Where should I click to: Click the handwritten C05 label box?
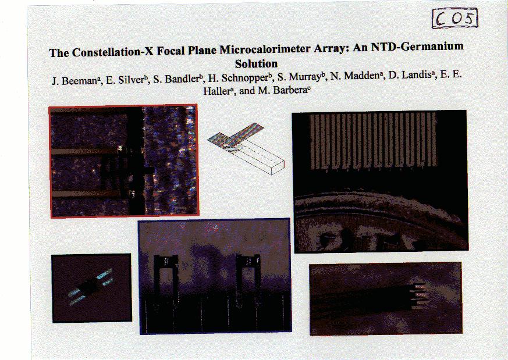pos(455,19)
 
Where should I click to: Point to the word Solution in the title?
pos(256,63)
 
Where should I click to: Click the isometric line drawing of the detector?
pos(246,149)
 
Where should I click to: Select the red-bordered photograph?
pos(124,161)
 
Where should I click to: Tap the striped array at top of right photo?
pos(373,141)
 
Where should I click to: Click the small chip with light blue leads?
pos(91,287)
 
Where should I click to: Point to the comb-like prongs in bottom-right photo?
pos(418,295)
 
